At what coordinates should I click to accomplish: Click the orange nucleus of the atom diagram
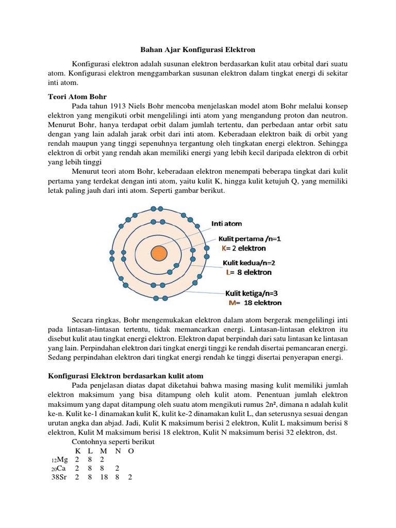click(158, 253)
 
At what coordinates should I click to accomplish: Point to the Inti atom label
click(226, 224)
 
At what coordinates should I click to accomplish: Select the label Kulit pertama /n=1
click(249, 239)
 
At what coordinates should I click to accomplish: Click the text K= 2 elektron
click(243, 248)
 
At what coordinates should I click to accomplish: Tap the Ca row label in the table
click(59, 469)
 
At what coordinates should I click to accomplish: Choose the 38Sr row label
click(58, 477)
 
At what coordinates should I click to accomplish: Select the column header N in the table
click(118, 451)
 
